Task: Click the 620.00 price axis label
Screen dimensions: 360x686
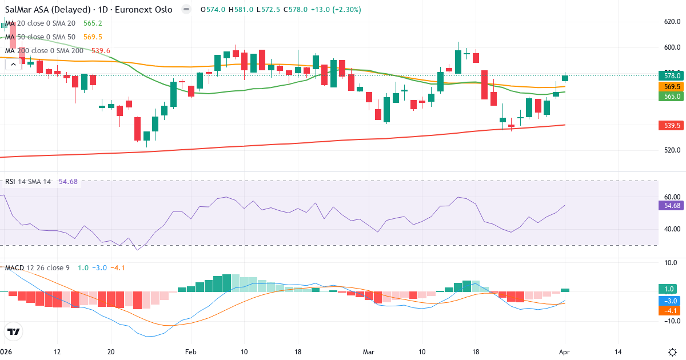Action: click(671, 22)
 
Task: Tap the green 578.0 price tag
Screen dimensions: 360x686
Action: click(672, 75)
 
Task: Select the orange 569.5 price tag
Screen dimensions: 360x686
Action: click(672, 86)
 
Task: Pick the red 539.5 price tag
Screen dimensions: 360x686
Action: click(672, 125)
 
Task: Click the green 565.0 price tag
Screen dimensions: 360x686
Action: click(672, 97)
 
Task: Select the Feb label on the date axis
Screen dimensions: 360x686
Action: click(191, 352)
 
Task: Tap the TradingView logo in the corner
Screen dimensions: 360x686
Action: click(13, 331)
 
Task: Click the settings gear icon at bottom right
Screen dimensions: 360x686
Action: click(672, 352)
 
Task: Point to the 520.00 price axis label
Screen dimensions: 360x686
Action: click(671, 150)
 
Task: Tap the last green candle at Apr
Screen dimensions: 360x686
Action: click(565, 78)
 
